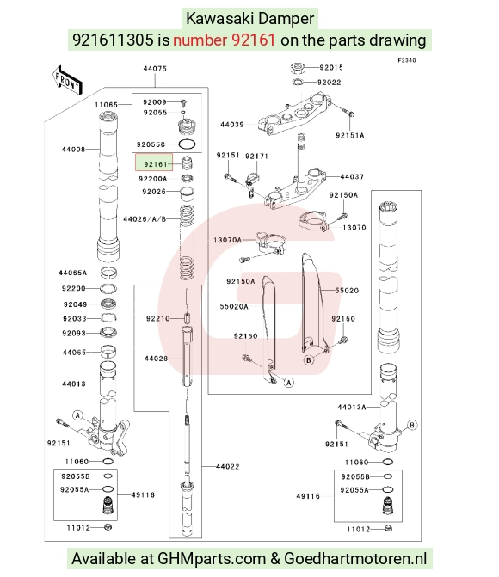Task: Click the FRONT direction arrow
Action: tap(67, 80)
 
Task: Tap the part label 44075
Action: tap(155, 69)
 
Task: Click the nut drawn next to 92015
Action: tap(298, 68)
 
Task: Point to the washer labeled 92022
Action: tap(298, 82)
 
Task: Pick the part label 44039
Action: tap(232, 125)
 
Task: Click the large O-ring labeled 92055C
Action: tap(187, 144)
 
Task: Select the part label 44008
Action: tap(73, 149)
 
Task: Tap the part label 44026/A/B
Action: tap(145, 219)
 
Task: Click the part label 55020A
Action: tap(234, 306)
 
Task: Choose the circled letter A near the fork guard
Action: tap(289, 383)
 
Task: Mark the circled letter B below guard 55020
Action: tap(309, 360)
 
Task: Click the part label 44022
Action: tap(228, 467)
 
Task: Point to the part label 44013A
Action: tap(352, 407)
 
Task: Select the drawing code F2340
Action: tap(407, 60)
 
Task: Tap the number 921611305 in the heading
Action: tap(113, 40)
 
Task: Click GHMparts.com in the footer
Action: tap(212, 559)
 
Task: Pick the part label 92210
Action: tap(158, 318)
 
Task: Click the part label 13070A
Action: tap(228, 240)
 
